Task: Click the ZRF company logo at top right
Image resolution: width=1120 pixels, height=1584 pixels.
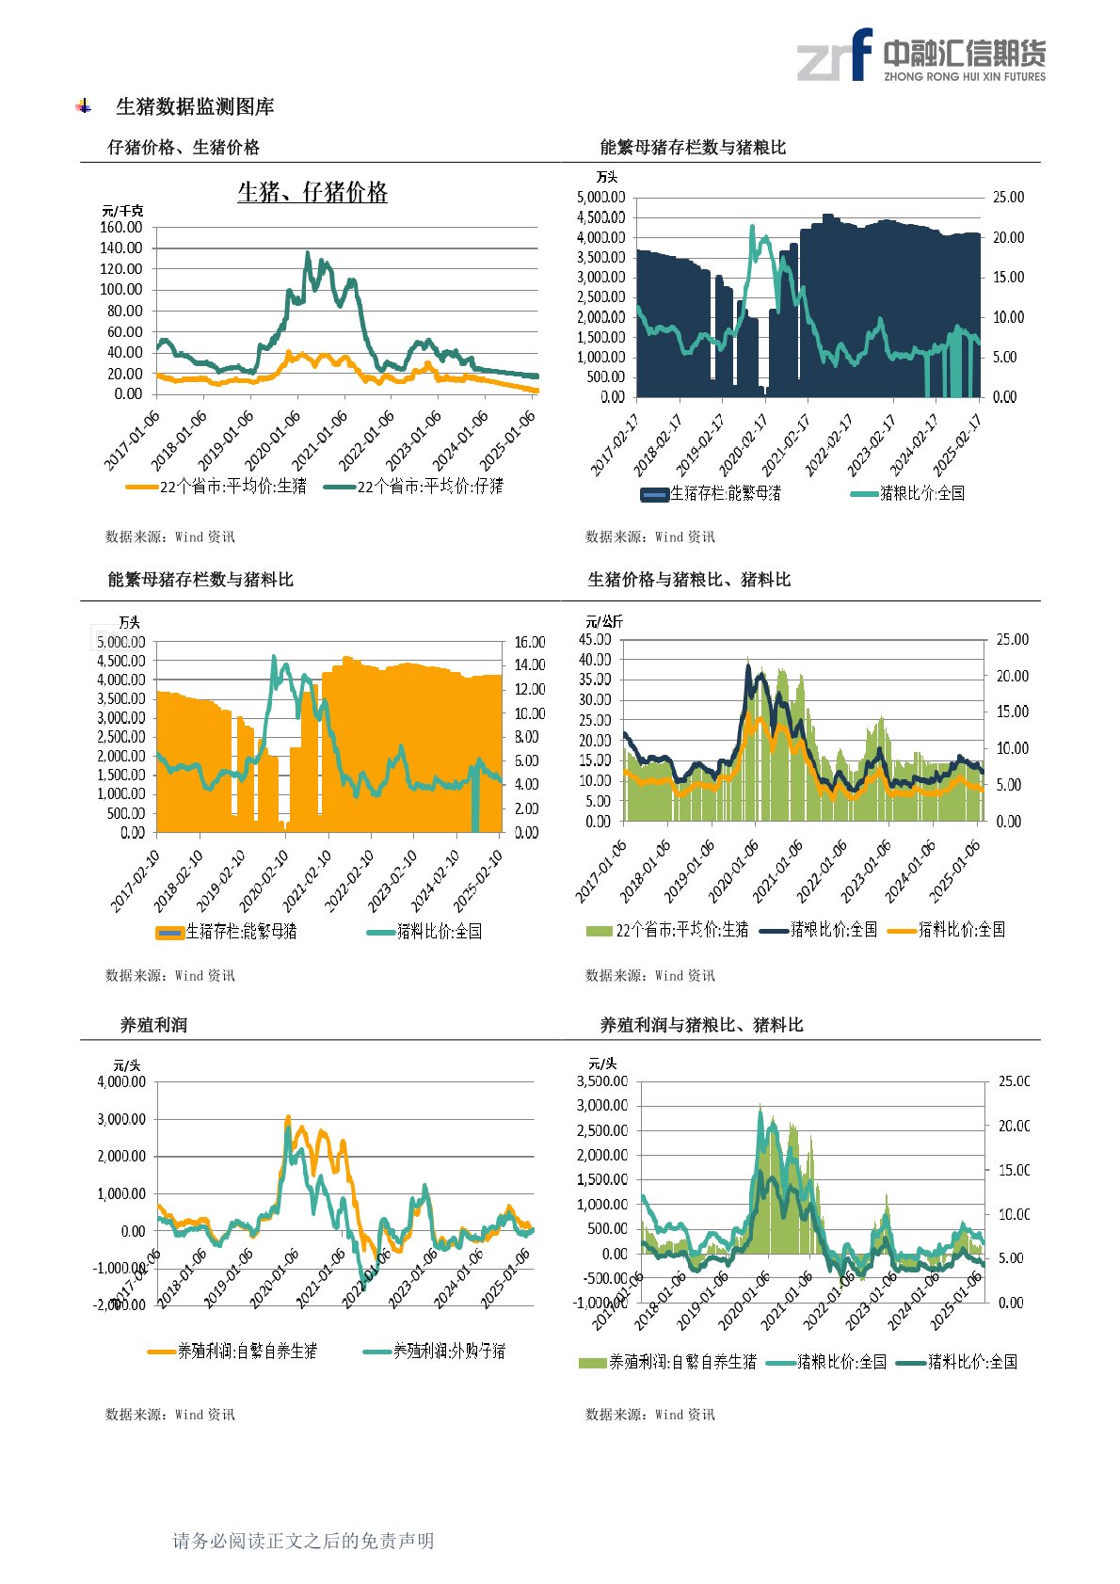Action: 920,56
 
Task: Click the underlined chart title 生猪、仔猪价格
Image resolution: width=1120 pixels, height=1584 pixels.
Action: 312,193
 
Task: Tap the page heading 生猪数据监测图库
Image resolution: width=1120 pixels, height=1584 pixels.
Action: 195,107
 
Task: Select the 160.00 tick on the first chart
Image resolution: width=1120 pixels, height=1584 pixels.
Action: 121,228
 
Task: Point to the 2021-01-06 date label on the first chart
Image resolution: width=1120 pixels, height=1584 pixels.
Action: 321,440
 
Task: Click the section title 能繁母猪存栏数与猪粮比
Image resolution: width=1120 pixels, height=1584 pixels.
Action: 693,148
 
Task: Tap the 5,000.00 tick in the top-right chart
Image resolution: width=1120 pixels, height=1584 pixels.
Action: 600,198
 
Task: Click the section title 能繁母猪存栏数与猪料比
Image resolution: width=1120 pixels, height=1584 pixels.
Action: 200,580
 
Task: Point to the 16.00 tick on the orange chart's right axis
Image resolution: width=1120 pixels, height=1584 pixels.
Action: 530,643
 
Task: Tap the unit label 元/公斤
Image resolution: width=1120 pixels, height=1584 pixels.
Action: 604,622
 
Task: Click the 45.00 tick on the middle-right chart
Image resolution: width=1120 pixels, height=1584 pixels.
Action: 595,640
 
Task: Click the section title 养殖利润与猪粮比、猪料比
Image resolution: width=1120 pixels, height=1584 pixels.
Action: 701,1025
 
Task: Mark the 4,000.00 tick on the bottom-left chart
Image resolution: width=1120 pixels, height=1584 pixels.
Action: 121,1082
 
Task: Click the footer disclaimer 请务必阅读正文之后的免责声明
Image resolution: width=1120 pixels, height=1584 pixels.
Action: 303,1541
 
